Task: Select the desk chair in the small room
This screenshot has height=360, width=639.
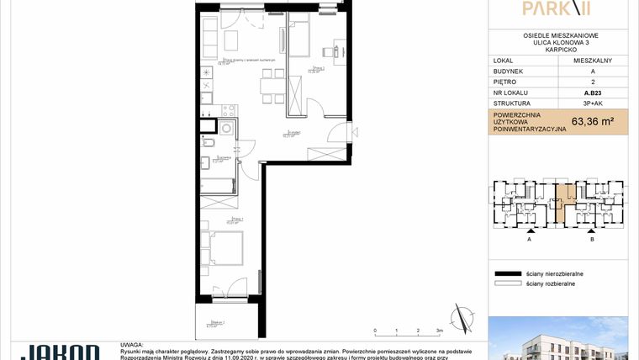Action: click(333, 51)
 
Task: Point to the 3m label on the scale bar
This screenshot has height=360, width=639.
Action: click(439, 332)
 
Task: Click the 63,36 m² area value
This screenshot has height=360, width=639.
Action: click(592, 121)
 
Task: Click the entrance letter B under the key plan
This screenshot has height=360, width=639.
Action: click(592, 240)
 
